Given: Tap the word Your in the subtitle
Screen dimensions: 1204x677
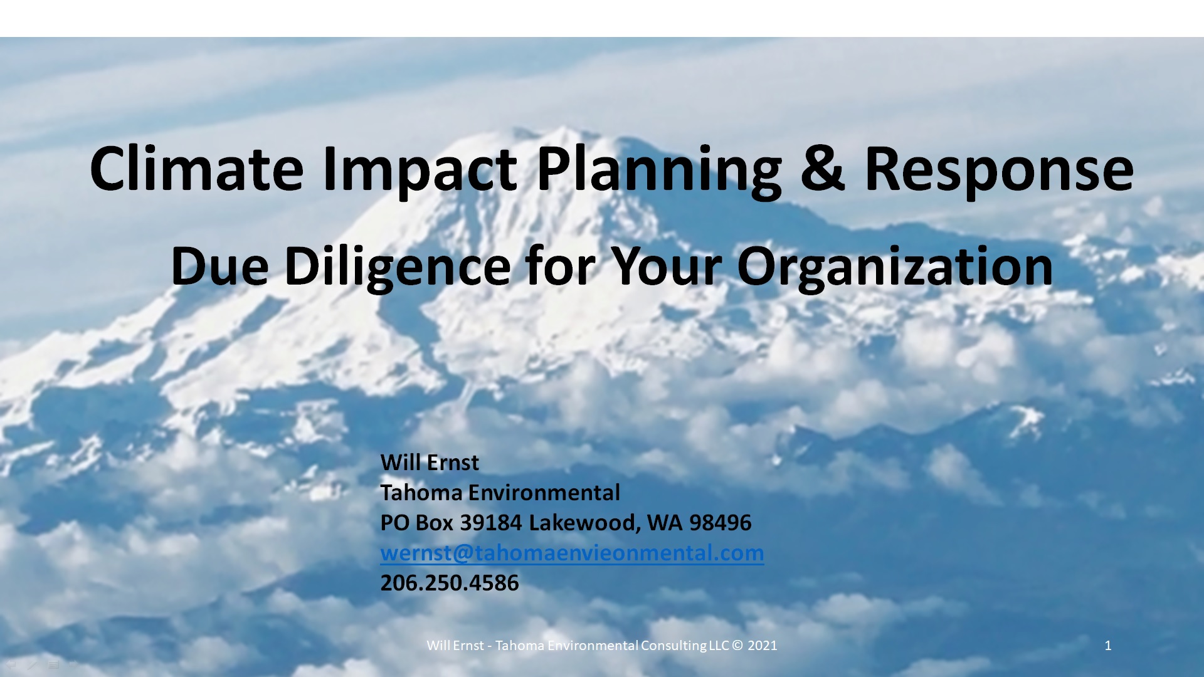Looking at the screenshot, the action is pos(666,266).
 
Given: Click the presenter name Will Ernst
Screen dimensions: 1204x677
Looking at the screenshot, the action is pos(430,463).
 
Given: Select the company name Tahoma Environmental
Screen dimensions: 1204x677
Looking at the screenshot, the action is pos(500,493).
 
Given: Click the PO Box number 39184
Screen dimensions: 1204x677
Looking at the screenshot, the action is pos(491,523).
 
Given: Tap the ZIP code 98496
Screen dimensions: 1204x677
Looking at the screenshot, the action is pos(720,523).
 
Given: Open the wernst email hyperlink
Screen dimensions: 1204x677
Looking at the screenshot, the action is pos(572,553).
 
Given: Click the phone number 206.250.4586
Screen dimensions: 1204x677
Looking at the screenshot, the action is pos(450,583).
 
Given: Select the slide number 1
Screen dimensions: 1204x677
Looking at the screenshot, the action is pos(1108,646).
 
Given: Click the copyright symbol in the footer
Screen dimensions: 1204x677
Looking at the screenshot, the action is pos(737,646).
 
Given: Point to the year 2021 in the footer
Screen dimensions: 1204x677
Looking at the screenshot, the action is pos(763,646).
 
